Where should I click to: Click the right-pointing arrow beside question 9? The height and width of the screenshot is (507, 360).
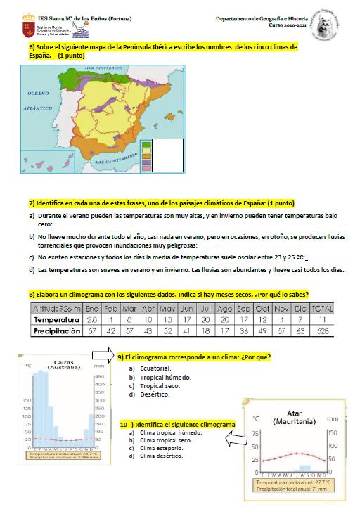(x=105, y=359)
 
